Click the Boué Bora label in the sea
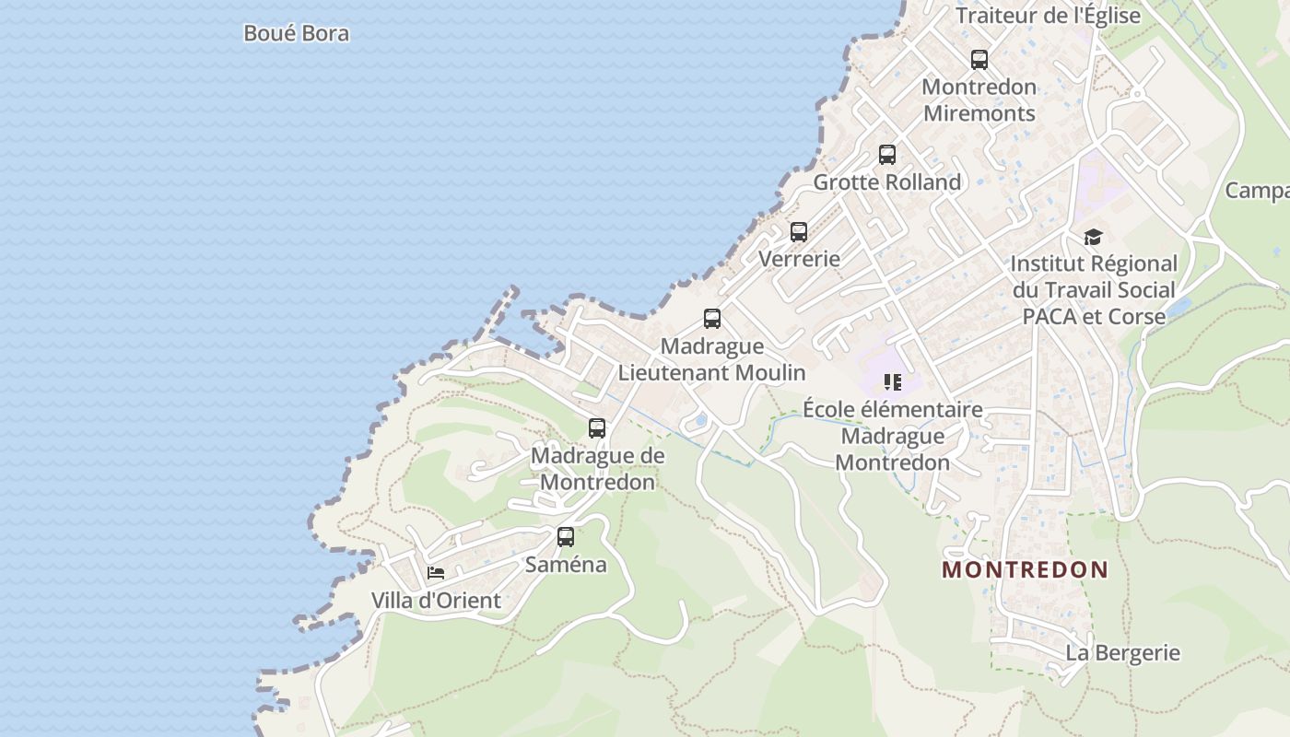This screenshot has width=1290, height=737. click(296, 34)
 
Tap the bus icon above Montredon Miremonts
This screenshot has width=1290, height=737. click(979, 60)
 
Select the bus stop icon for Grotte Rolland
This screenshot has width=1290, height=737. click(887, 155)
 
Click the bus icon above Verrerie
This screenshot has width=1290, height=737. click(799, 232)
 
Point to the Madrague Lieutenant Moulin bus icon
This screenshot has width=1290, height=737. click(712, 319)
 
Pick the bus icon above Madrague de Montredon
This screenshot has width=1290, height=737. click(597, 428)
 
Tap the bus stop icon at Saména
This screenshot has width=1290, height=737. click(566, 536)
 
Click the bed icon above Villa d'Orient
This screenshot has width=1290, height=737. click(436, 573)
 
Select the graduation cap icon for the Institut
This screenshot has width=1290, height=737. click(1093, 237)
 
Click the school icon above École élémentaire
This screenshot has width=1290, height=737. click(892, 381)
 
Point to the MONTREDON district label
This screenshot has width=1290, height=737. click(1025, 569)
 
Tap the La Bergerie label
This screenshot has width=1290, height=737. click(1122, 653)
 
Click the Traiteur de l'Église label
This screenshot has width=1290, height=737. click(1048, 16)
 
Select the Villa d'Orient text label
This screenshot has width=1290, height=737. click(436, 601)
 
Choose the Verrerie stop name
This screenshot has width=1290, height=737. click(799, 259)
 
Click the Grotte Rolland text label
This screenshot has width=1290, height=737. click(886, 182)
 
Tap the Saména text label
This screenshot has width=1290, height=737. click(566, 564)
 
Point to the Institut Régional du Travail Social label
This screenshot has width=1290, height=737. click(1094, 289)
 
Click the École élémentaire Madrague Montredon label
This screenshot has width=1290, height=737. click(892, 436)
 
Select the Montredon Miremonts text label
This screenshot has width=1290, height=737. click(979, 100)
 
